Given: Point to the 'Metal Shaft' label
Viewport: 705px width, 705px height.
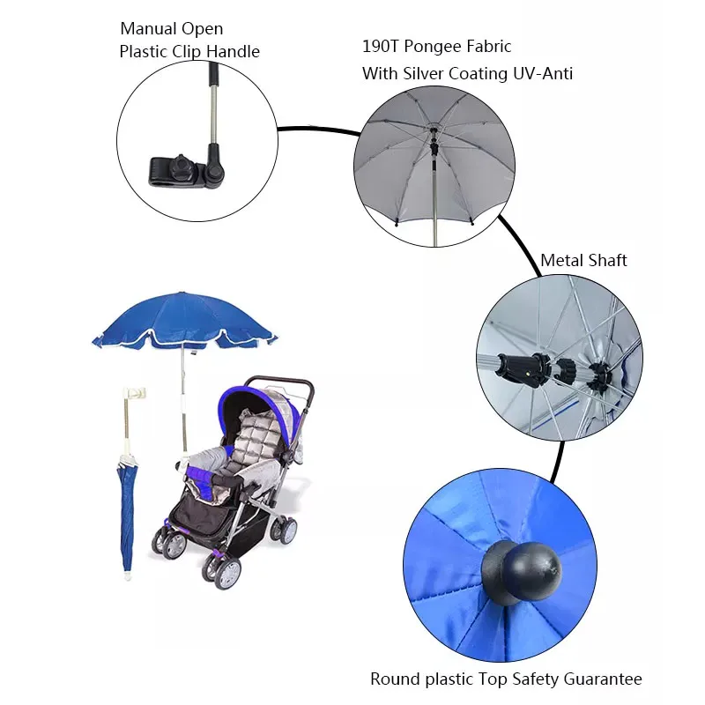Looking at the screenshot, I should click(583, 260).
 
